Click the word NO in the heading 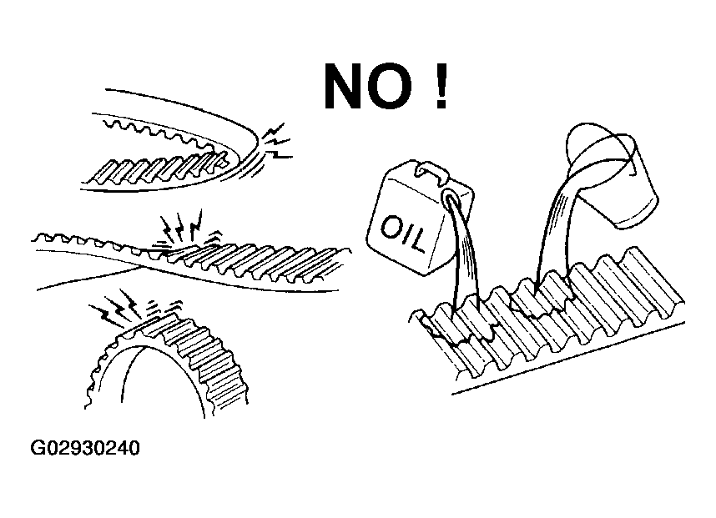(x=368, y=85)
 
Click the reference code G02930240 (x=85, y=448)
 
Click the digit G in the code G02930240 (x=38, y=448)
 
